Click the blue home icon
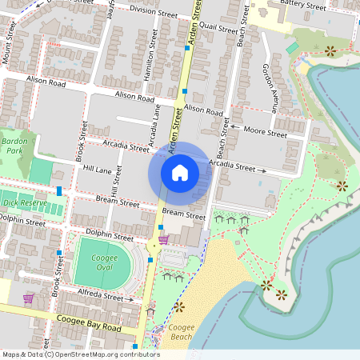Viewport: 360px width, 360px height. coord(180,173)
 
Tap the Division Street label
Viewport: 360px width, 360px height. coord(153,12)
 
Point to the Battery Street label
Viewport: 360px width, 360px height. coord(303,6)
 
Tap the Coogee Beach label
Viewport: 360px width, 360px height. coord(182,332)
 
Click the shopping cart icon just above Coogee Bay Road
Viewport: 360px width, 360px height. coord(29,298)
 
